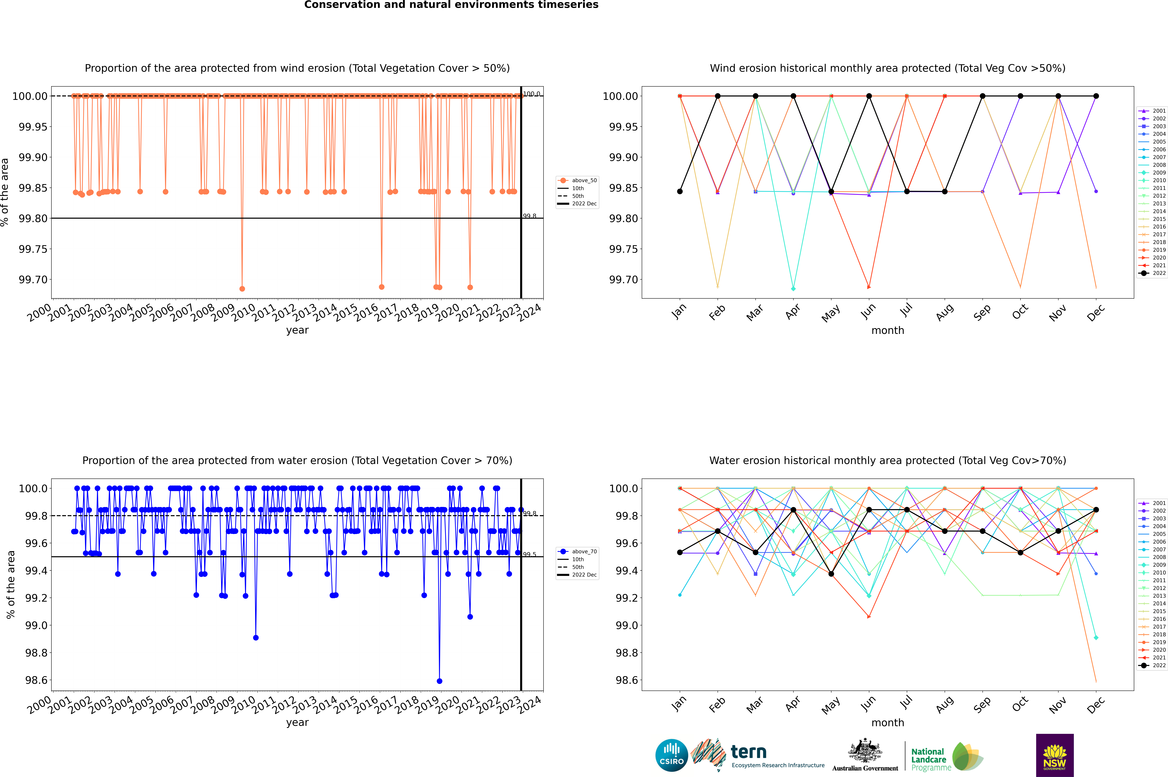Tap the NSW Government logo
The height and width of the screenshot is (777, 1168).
[x=1055, y=755]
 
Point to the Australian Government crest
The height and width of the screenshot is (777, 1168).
[x=865, y=751]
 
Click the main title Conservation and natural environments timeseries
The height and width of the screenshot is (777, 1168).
[x=451, y=5]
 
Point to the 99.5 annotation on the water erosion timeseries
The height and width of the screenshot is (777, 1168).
[x=529, y=555]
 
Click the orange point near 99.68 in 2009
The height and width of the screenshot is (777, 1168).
[x=242, y=289]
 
